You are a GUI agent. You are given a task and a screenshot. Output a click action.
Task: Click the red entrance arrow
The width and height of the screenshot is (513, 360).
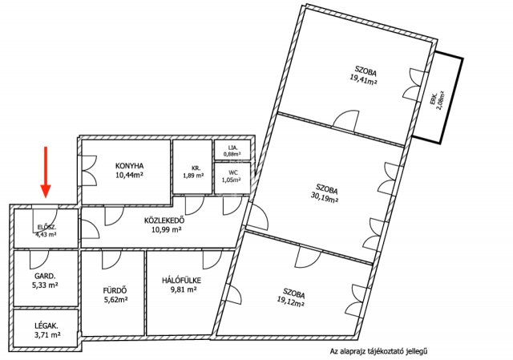(46, 172)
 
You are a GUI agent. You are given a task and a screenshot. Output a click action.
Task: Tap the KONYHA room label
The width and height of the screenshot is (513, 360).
(130, 166)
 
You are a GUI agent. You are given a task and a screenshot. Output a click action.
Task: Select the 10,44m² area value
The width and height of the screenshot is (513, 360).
(130, 175)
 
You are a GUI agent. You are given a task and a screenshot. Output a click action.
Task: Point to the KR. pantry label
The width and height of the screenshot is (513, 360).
(196, 168)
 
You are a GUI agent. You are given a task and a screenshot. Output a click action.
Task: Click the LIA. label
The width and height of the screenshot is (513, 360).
(232, 148)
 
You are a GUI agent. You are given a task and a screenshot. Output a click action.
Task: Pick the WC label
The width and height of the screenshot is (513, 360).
(233, 172)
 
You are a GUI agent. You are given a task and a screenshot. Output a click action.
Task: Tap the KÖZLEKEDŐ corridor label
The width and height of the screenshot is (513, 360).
(164, 220)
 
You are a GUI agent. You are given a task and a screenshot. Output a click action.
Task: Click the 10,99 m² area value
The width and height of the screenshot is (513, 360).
(167, 229)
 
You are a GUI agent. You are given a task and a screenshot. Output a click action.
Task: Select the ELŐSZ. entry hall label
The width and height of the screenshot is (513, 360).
(46, 227)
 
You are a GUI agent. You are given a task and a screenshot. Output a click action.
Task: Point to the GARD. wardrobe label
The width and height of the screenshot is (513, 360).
(45, 276)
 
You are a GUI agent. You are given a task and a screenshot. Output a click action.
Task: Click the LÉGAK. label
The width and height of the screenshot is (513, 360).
(46, 326)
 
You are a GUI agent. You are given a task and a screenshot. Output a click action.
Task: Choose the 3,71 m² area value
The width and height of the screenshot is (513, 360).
(46, 335)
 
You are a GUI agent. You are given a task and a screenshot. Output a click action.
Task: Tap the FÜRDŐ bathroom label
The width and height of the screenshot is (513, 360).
(115, 290)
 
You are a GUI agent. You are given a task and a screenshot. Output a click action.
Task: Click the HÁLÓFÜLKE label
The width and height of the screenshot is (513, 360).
(182, 281)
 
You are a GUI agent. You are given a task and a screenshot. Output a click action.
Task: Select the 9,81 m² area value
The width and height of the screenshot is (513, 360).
(184, 289)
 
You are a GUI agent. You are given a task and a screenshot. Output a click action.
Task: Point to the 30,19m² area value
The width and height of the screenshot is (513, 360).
(324, 197)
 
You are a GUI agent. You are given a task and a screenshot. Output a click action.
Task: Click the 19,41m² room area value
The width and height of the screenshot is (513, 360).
(363, 79)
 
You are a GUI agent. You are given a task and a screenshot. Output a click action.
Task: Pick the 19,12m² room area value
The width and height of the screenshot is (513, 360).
(291, 302)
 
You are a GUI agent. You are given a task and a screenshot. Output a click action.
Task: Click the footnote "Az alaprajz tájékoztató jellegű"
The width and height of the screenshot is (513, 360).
(379, 351)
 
